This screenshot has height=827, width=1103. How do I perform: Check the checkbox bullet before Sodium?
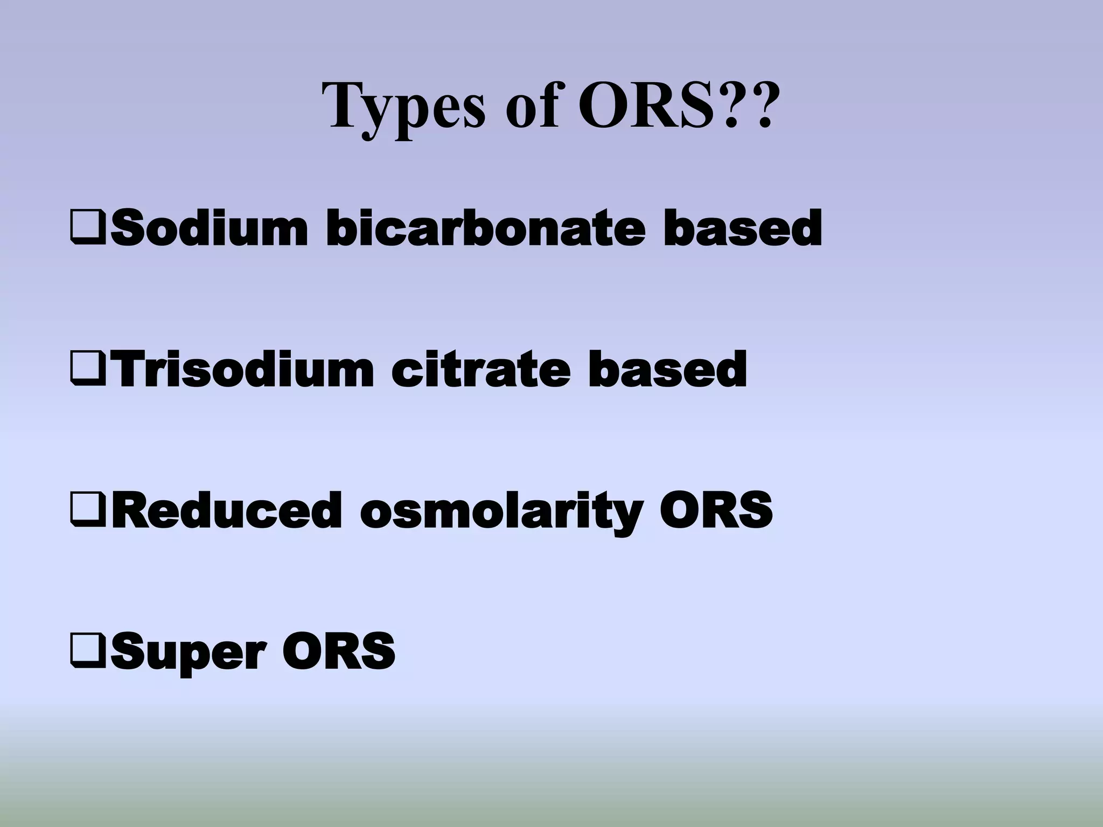click(89, 229)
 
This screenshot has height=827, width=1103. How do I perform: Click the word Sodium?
click(210, 229)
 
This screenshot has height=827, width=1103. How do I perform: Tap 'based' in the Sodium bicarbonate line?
click(743, 229)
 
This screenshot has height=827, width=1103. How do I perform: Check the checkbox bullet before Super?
click(89, 651)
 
